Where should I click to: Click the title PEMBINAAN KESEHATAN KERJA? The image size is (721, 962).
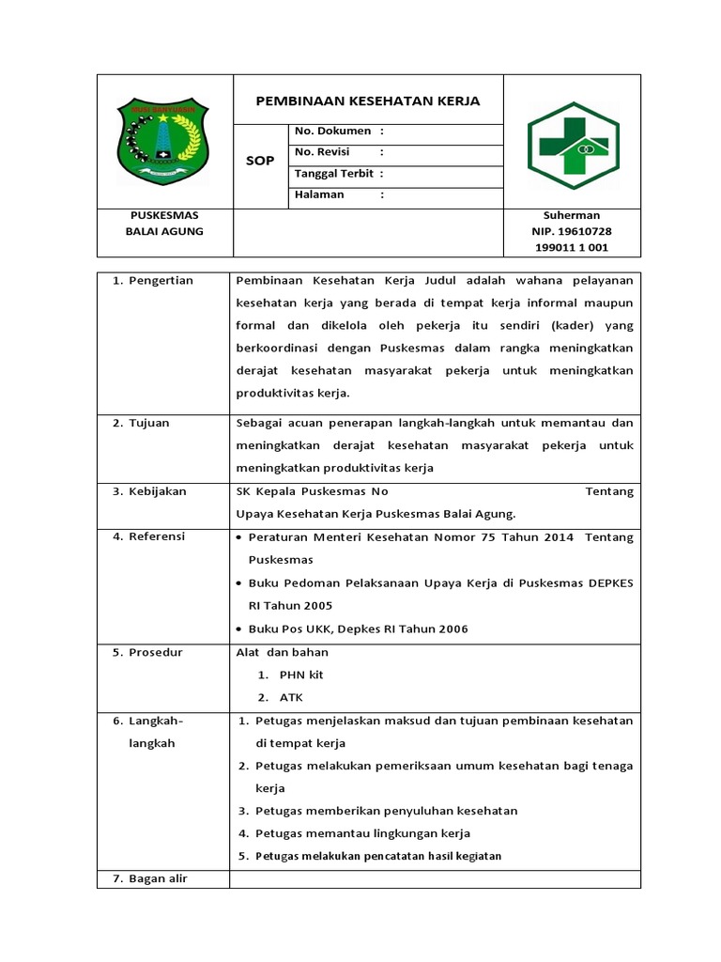tap(368, 101)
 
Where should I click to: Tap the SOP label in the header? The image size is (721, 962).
tap(260, 161)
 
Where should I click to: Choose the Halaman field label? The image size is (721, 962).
tap(320, 194)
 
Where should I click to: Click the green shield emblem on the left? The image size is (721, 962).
tap(165, 143)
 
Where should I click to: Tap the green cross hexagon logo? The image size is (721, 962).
tap(572, 146)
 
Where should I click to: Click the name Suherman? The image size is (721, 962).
tap(572, 215)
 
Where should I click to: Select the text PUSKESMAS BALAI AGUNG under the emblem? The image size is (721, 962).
tap(164, 224)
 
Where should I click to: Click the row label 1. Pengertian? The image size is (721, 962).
tap(153, 281)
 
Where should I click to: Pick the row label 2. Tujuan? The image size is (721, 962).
tap(142, 423)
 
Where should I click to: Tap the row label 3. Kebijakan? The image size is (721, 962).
tap(150, 491)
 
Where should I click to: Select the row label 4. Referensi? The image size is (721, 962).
tap(149, 536)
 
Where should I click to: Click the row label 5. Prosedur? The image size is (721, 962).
tap(148, 652)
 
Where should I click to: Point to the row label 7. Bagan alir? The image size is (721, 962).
tap(152, 878)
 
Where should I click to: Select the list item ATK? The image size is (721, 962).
tap(291, 697)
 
